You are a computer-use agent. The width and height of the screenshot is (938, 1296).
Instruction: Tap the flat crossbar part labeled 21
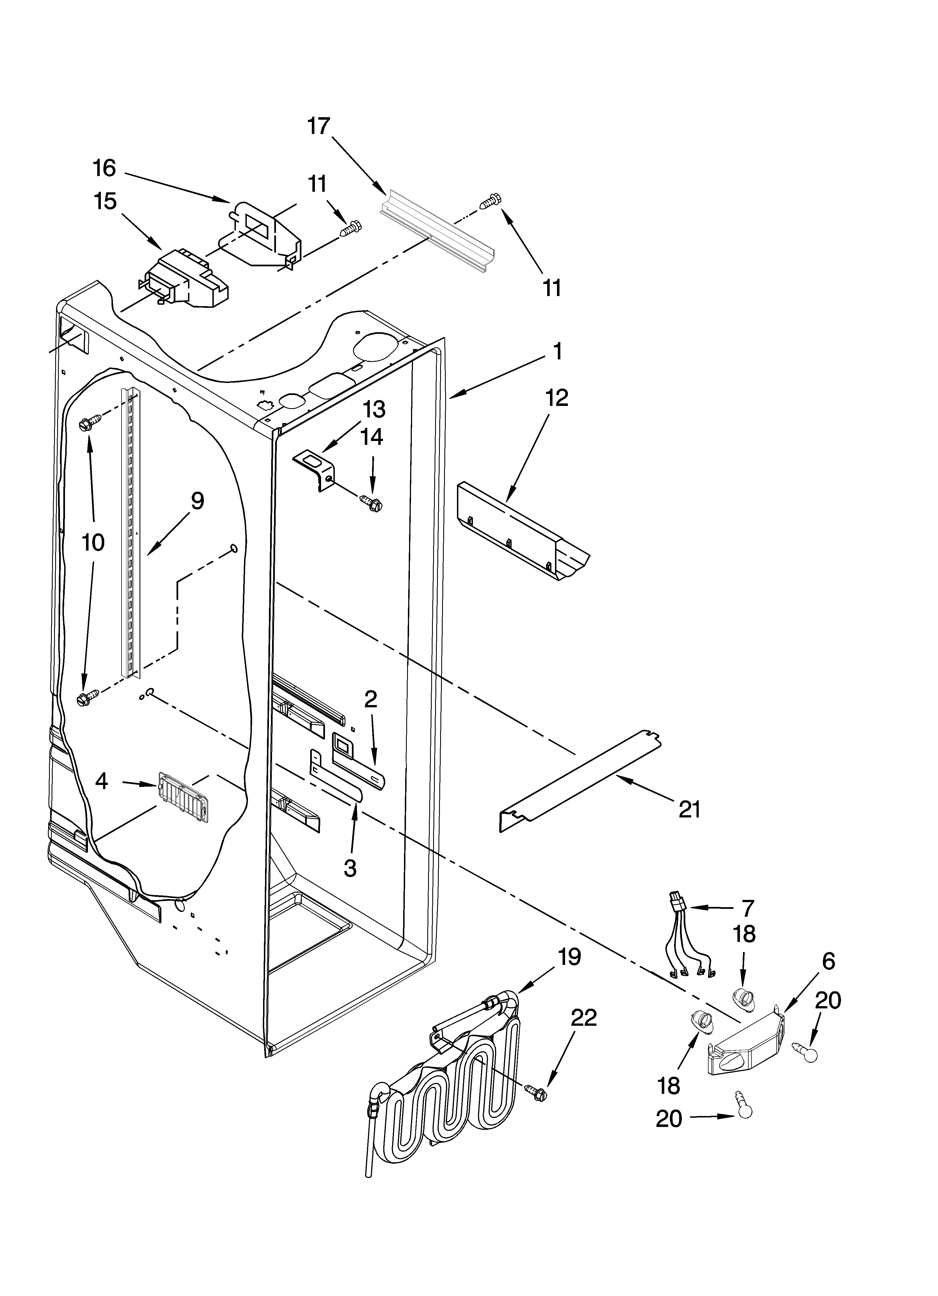pyautogui.click(x=580, y=781)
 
